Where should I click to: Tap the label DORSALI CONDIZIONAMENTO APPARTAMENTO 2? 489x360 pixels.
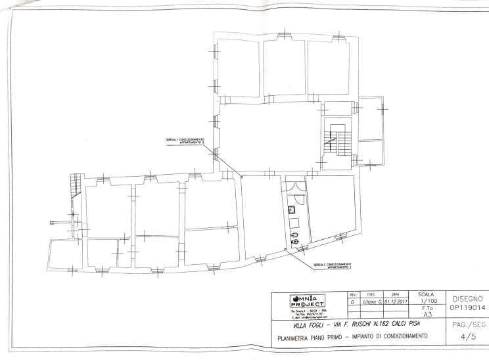(x=185, y=141)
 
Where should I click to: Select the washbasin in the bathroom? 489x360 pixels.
(x=290, y=210)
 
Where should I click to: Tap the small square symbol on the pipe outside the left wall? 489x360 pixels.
(x=52, y=222)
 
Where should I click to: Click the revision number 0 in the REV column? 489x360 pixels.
(x=352, y=302)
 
